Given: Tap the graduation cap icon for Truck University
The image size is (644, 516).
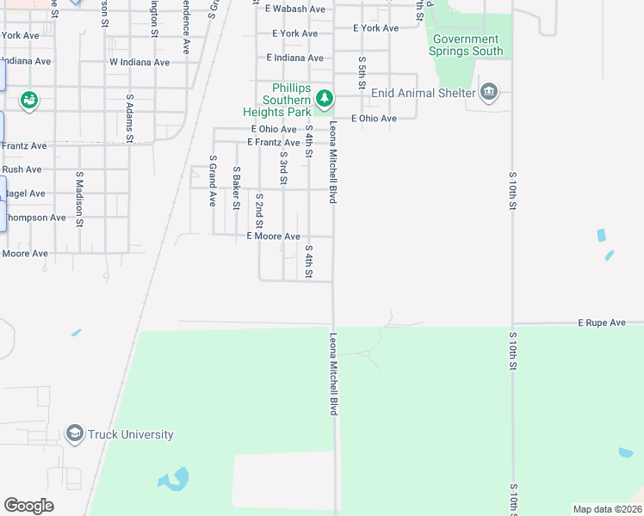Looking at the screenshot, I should coord(74,434).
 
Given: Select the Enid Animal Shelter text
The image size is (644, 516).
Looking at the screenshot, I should coord(424,93).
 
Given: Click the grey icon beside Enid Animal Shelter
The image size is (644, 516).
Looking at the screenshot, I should coord(489,92).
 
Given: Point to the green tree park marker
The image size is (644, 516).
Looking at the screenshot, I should coord(324,100).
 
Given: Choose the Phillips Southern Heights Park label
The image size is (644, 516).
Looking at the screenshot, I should coord(286,100).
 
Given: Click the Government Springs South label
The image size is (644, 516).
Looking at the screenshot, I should coord(465,45).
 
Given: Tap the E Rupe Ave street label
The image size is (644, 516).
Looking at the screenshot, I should coord(601,322).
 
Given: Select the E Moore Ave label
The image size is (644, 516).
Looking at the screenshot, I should coord(273,236).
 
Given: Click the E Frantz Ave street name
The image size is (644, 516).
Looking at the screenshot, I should coord(273,142).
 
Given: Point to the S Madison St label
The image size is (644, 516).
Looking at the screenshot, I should coord(78,200).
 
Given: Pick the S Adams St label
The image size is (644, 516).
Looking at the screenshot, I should coord(131,118).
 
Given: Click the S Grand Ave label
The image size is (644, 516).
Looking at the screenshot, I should coord(212,181).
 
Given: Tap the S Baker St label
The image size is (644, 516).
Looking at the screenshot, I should coord(236,187).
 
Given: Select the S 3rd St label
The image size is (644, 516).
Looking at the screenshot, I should coord(282,168).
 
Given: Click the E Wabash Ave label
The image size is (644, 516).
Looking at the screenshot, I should coord(295,9).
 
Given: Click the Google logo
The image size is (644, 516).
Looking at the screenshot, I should coord(28,506).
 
